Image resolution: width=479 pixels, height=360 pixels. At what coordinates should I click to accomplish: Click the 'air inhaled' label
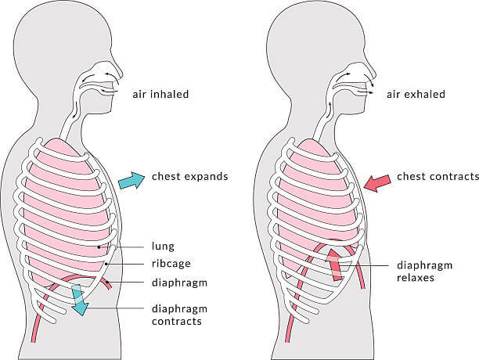click(160, 94)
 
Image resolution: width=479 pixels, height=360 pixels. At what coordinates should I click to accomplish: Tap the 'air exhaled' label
click(416, 94)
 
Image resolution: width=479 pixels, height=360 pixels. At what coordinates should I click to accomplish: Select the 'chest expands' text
click(189, 177)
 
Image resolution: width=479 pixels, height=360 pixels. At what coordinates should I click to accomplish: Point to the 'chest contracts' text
click(438, 177)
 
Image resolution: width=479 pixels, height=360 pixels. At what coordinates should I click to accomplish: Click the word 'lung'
click(163, 247)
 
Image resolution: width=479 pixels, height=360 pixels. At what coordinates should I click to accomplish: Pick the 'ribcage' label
click(171, 264)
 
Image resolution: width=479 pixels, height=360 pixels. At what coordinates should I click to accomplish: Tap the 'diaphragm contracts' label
click(180, 315)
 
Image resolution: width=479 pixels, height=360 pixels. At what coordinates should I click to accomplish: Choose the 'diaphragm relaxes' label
click(425, 271)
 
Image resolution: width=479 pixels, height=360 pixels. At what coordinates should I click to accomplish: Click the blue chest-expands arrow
click(131, 181)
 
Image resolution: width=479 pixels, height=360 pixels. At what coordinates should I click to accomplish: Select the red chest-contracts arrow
click(377, 183)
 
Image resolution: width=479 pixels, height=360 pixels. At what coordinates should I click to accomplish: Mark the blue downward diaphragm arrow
click(79, 300)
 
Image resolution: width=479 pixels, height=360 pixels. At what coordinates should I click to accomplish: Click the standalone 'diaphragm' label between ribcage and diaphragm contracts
click(180, 283)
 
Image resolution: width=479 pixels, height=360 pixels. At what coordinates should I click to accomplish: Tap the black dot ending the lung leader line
click(99, 247)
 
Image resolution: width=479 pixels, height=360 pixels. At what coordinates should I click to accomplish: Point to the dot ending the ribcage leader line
click(106, 264)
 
